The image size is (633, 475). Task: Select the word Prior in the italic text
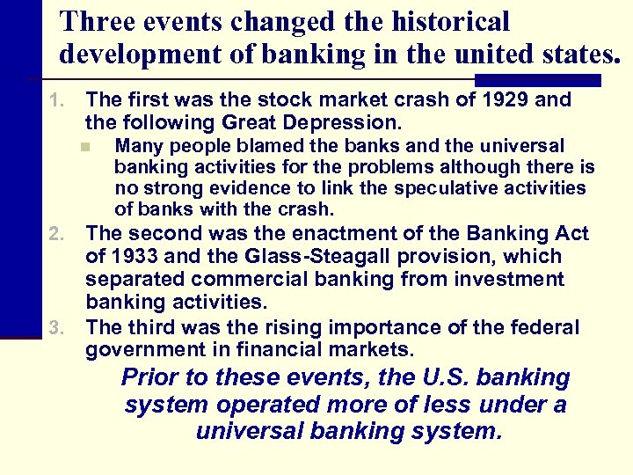point(149,378)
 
